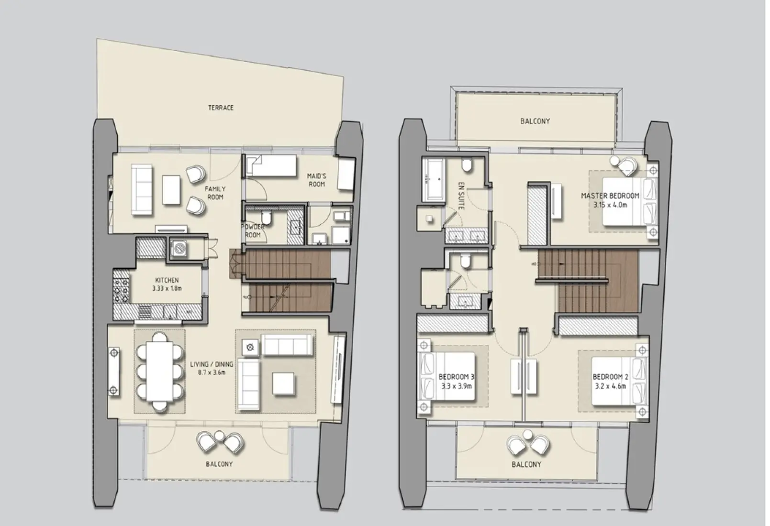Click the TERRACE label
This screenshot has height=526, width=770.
(x=221, y=108)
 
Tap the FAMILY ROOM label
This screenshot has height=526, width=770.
(x=215, y=193)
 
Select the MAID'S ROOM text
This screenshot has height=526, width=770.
(x=316, y=180)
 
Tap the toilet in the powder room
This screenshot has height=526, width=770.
(x=269, y=219)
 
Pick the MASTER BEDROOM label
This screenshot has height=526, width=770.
(x=610, y=195)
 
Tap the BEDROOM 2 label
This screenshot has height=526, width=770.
(x=609, y=377)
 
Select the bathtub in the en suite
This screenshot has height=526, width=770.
(x=433, y=179)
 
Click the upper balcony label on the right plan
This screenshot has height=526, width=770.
(x=535, y=121)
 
